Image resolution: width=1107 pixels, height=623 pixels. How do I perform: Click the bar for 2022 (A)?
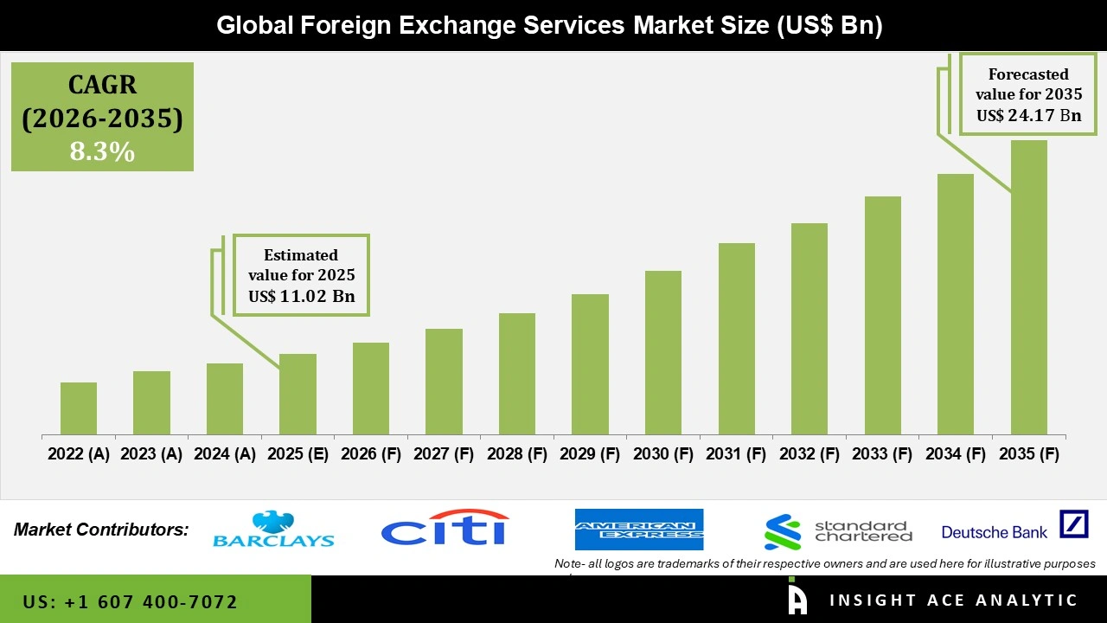click(79, 408)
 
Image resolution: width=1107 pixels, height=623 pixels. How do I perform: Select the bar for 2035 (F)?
click(1028, 287)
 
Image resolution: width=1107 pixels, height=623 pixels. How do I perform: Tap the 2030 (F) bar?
click(663, 353)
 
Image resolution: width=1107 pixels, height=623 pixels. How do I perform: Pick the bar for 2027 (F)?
click(444, 382)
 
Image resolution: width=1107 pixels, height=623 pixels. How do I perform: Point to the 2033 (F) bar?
click(882, 316)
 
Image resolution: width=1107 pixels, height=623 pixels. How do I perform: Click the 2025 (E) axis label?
click(298, 454)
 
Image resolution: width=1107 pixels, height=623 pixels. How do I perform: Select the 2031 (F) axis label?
click(736, 454)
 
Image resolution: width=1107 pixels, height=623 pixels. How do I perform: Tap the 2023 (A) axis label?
click(151, 454)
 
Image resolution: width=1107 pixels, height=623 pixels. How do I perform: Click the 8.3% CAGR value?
click(102, 152)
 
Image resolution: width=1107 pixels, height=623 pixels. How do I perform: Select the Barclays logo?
click(273, 530)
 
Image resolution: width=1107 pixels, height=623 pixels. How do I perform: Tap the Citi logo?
click(445, 528)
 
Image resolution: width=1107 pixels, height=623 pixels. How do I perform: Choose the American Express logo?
click(639, 530)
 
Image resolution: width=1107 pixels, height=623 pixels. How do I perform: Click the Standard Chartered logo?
click(838, 531)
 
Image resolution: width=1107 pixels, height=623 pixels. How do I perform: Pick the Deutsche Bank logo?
click(1014, 526)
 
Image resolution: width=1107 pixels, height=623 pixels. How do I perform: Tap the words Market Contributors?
click(101, 530)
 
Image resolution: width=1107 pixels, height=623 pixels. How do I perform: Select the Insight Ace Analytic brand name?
click(953, 601)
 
